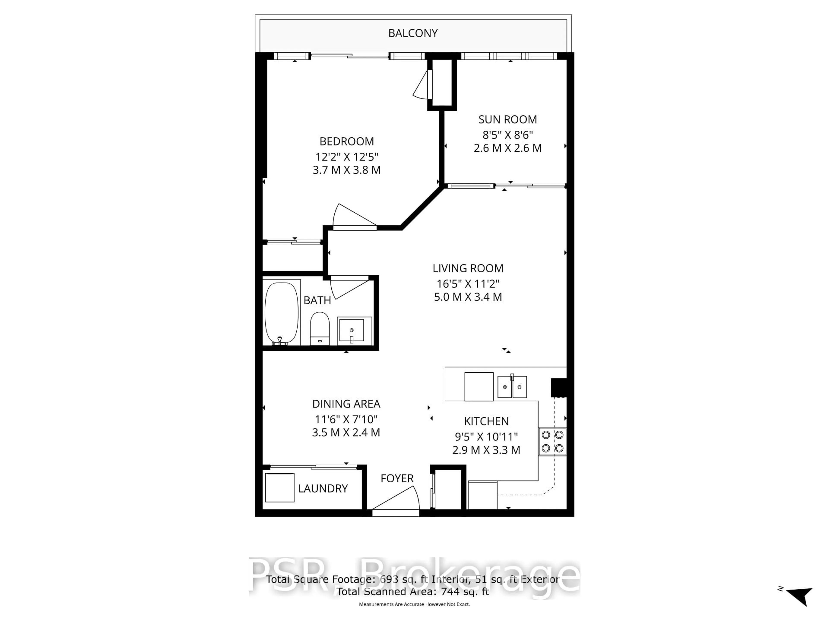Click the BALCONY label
pos(413,33)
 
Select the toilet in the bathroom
pos(320,328)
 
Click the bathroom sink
pos(351,330)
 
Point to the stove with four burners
pos(552,441)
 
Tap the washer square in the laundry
pos(280,487)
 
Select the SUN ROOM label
pos(508,119)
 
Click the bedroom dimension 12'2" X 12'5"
pos(347,157)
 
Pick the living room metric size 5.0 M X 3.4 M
pos(468,297)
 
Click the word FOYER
pos(397,478)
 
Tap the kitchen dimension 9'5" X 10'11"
pos(486,436)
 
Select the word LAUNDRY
pos(323,488)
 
